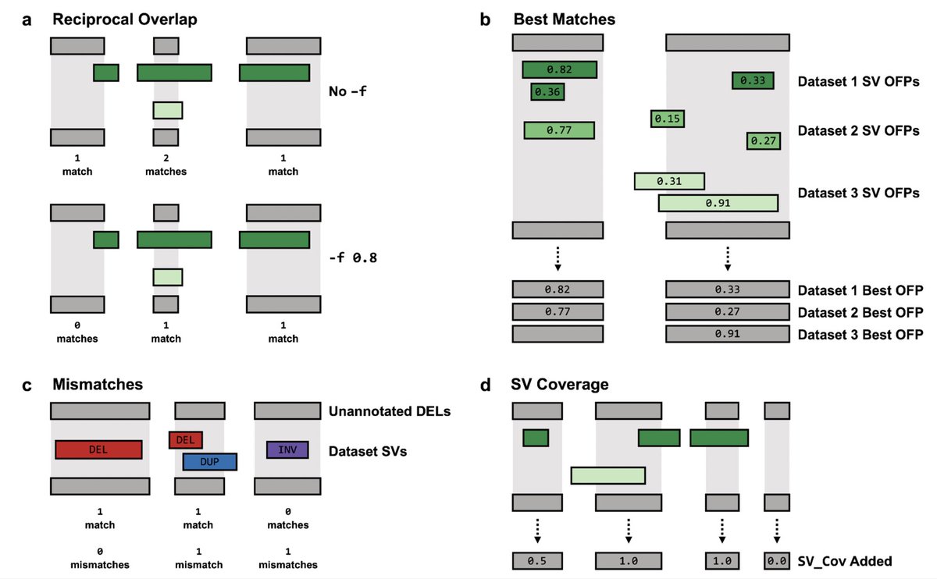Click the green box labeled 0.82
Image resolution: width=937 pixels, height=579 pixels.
click(x=559, y=69)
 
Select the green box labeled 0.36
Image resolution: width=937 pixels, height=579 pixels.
click(x=547, y=92)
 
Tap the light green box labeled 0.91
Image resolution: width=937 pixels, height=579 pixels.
click(x=718, y=203)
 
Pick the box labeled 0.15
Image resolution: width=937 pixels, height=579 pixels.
click(x=668, y=119)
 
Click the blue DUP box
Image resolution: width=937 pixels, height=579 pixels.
click(x=209, y=462)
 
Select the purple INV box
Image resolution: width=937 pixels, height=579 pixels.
click(x=287, y=449)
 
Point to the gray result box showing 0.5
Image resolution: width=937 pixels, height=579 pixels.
click(x=536, y=560)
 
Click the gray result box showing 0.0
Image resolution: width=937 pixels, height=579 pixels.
click(x=776, y=560)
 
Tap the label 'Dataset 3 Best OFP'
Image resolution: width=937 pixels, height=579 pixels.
click(x=860, y=334)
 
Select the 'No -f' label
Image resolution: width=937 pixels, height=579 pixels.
click(x=347, y=91)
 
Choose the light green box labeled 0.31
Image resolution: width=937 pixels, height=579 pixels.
click(x=669, y=181)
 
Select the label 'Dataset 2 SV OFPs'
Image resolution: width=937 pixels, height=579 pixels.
click(x=858, y=130)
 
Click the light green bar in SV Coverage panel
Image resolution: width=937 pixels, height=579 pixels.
click(x=607, y=474)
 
